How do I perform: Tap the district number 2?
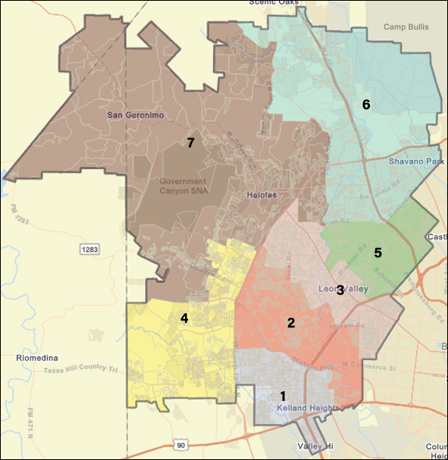[x=290, y=323]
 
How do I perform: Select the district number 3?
[x=340, y=292]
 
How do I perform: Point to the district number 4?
[x=184, y=317]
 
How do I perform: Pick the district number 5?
[x=378, y=252]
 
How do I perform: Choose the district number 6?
[x=365, y=104]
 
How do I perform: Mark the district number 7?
[x=189, y=142]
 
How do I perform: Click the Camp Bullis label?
[x=407, y=27]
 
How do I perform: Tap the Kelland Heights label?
[x=308, y=408]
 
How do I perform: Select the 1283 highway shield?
[x=90, y=249]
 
